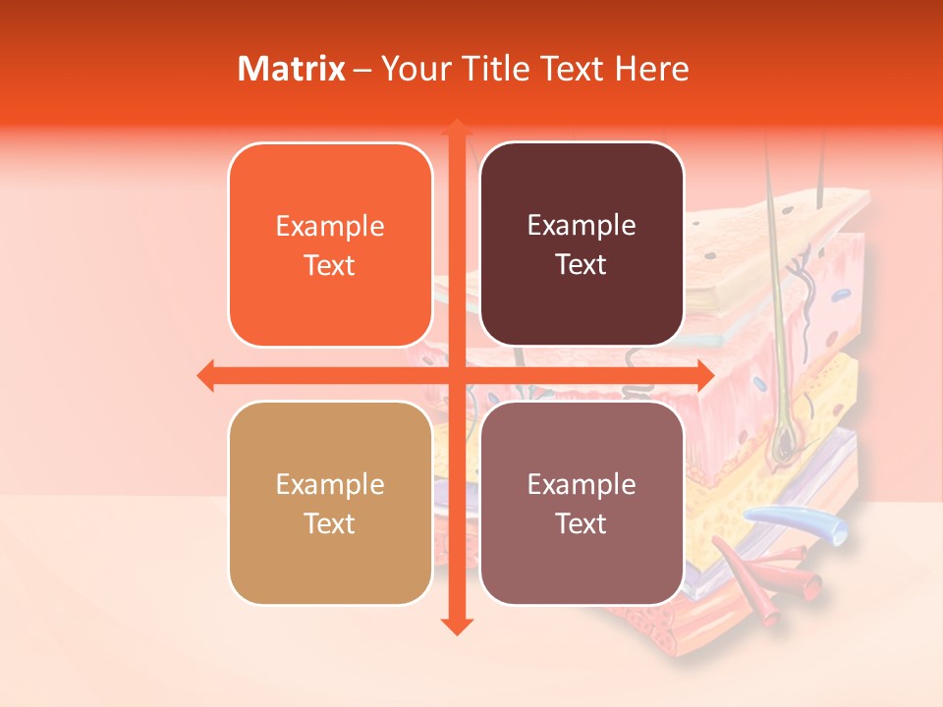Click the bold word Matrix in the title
(x=292, y=69)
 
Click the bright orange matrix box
(x=330, y=245)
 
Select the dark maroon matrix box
(x=582, y=245)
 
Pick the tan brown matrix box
(x=330, y=503)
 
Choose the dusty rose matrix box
(x=582, y=503)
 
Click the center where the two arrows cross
(x=456, y=375)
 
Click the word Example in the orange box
(x=330, y=227)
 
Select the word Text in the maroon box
(x=582, y=265)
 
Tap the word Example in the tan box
(x=330, y=485)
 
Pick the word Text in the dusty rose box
(x=582, y=523)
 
